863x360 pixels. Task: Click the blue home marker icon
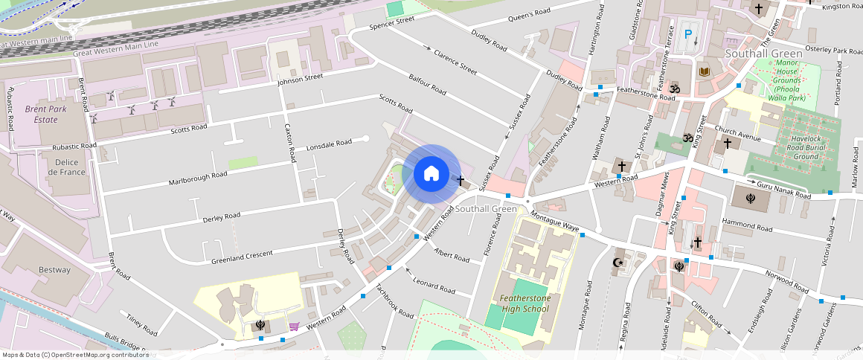pyautogui.click(x=431, y=174)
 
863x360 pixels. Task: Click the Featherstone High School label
pyautogui.click(x=525, y=303)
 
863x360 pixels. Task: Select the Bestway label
pyautogui.click(x=54, y=270)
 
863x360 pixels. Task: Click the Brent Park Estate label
pyautogui.click(x=41, y=114)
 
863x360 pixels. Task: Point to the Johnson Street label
pyautogui.click(x=300, y=78)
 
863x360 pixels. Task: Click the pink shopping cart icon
pyautogui.click(x=294, y=326)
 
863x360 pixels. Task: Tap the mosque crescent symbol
pyautogui.click(x=617, y=262)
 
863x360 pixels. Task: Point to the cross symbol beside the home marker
pyautogui.click(x=461, y=180)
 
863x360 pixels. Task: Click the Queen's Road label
pyautogui.click(x=529, y=13)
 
